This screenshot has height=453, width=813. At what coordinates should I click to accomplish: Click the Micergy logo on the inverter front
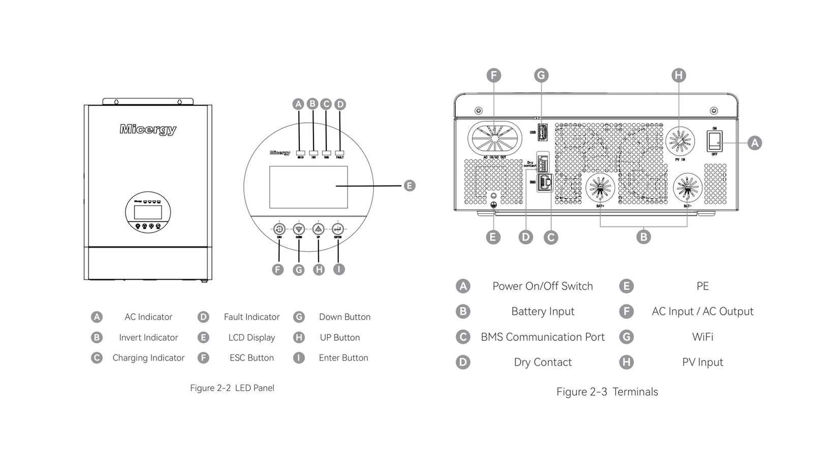(x=148, y=130)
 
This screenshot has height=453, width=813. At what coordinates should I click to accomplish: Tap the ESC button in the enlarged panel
(x=279, y=229)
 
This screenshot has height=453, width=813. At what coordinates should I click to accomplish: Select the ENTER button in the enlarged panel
(x=338, y=229)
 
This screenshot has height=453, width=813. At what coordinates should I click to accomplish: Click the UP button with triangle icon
(x=319, y=229)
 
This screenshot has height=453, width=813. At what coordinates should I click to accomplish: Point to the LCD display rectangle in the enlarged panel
(x=308, y=187)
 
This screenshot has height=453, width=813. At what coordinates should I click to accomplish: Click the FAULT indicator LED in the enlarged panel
(x=339, y=152)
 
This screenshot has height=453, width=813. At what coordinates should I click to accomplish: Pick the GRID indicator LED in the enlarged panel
(x=300, y=152)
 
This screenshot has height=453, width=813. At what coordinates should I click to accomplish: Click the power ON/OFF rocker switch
(x=714, y=141)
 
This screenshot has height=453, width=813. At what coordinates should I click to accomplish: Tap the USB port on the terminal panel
(x=542, y=132)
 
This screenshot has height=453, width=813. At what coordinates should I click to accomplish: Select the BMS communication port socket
(x=545, y=182)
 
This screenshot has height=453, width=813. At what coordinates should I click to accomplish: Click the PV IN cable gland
(x=680, y=140)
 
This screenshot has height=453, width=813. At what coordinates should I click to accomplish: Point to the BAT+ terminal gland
(x=600, y=187)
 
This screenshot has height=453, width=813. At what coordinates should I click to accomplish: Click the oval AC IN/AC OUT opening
(x=494, y=138)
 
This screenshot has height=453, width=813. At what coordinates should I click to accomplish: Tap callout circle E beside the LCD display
(x=410, y=185)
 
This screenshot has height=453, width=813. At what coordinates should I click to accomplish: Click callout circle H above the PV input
(x=679, y=76)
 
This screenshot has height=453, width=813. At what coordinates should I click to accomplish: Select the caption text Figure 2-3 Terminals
(x=607, y=392)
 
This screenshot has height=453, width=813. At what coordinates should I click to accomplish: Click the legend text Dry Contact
(x=543, y=362)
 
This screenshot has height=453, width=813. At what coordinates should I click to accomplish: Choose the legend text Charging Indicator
(x=148, y=358)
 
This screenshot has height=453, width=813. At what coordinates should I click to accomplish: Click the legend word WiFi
(x=702, y=337)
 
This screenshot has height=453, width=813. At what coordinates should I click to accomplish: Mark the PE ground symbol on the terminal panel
(x=492, y=204)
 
